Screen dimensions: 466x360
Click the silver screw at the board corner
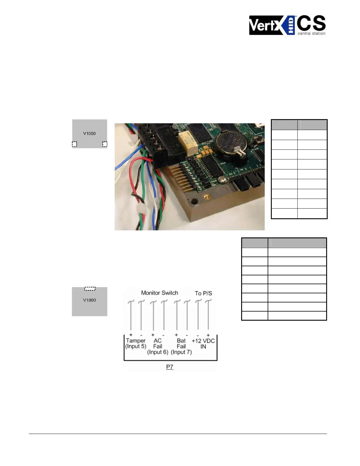coord(224,179)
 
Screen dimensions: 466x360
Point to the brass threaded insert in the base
coord(208,196)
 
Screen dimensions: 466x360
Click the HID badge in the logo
coord(291,25)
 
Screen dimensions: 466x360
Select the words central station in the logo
coord(311,34)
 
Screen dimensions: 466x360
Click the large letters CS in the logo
coord(311,23)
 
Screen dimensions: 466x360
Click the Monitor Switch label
coord(159,293)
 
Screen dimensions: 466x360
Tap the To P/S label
coord(203,293)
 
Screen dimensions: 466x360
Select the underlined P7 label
coord(170,367)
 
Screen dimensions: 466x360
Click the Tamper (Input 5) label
coord(136,343)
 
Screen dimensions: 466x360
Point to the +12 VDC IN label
coord(203,343)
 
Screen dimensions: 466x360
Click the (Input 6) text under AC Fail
coord(158,352)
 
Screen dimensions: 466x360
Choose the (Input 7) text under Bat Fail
coord(181,352)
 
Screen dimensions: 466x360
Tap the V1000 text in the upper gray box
coord(89,134)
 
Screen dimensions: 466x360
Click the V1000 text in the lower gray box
coord(89,300)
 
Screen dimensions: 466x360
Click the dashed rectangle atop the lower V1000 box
coord(90,289)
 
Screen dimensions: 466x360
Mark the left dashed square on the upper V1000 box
coord(74,144)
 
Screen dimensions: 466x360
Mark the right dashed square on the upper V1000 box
coord(105,144)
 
